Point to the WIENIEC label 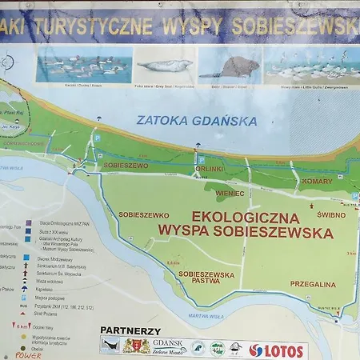229,193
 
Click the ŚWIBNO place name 330,214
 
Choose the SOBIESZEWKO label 142,214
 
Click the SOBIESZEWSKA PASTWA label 206,278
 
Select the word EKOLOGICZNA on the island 246,217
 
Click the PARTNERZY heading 130,330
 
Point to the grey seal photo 163,66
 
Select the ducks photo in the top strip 83,64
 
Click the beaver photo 230,66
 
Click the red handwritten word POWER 27,357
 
